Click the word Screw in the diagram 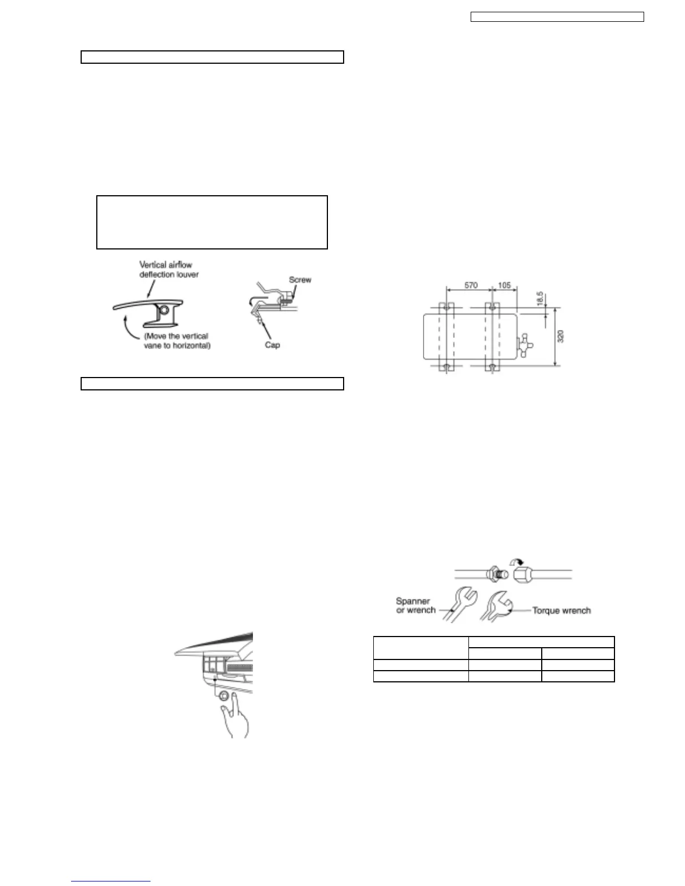300,279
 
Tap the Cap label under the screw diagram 273,345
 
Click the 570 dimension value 471,285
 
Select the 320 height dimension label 561,336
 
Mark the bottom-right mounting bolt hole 491,367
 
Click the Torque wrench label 561,610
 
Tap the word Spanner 413,601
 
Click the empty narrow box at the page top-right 557,17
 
